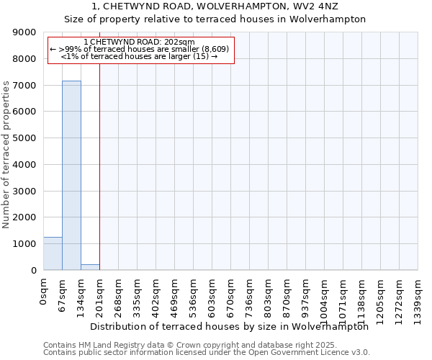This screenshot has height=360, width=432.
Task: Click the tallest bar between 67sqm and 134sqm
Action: [71, 176]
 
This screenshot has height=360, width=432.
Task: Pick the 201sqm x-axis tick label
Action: [100, 295]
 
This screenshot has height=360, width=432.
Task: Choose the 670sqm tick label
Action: [231, 295]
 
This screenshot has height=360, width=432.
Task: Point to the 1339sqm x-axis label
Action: [418, 298]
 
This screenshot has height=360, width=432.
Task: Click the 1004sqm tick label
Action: [325, 298]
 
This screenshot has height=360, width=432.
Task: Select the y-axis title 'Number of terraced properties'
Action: [7, 155]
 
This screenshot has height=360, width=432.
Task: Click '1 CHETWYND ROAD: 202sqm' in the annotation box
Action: [139, 42]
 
